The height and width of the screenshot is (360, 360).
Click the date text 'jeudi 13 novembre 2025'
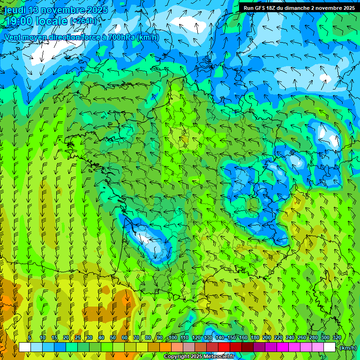[55, 10]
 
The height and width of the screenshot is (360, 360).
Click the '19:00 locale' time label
[36, 21]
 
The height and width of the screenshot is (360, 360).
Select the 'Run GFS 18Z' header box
[299, 7]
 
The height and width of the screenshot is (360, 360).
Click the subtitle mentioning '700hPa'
[82, 37]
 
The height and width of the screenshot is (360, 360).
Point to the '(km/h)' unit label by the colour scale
[348, 347]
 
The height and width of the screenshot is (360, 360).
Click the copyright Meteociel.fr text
[199, 357]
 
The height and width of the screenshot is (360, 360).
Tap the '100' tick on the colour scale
[173, 338]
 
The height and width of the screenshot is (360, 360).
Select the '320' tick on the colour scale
[337, 338]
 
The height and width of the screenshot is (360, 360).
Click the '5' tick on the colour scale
[30, 338]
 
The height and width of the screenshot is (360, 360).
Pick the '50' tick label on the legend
[113, 338]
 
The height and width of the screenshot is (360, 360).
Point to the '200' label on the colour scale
[267, 338]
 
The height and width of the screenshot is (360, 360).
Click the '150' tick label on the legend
[232, 338]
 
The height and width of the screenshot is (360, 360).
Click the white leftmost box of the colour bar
[25, 347]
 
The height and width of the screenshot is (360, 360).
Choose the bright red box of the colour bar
[224, 347]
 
